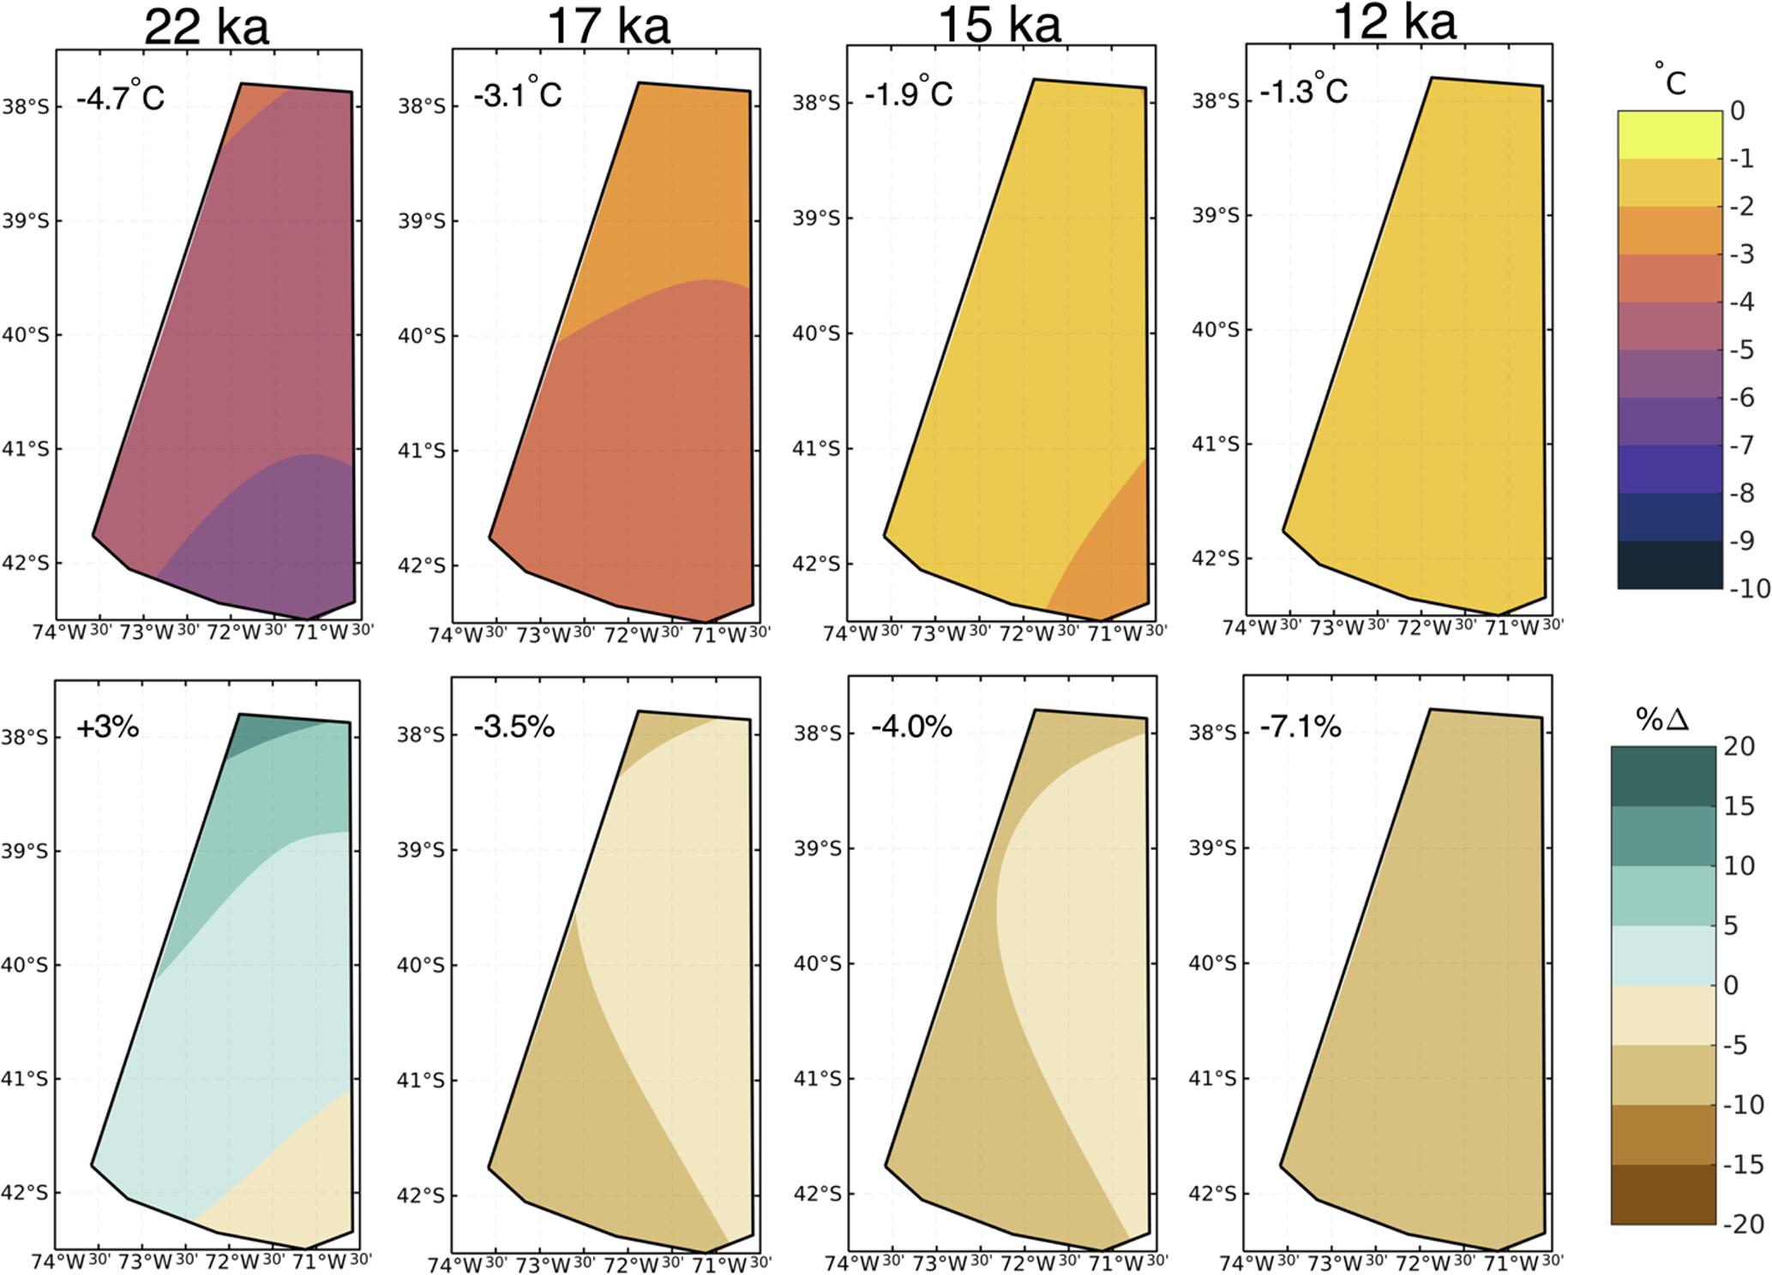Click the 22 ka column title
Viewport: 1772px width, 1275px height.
pos(206,27)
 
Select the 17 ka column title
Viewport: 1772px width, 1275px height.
pos(608,27)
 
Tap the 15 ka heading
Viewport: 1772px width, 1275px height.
pos(1000,25)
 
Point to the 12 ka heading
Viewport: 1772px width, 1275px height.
pos(1395,22)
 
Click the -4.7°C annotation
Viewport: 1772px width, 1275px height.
pos(120,96)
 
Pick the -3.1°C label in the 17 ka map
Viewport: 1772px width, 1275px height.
pos(518,93)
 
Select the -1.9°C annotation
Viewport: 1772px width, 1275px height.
pos(908,92)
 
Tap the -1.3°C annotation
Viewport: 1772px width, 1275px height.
pos(1303,89)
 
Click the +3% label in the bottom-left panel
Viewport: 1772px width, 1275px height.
pos(108,727)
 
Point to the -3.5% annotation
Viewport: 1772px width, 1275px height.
pos(514,727)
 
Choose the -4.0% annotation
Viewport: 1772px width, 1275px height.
pos(911,727)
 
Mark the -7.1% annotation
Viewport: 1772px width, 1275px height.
pos(1300,727)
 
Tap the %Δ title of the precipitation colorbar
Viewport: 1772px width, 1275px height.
pos(1662,719)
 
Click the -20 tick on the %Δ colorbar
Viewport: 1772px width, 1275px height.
pos(1744,1224)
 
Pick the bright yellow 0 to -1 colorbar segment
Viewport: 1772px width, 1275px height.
pos(1669,135)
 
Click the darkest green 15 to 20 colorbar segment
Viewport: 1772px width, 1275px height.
pos(1662,776)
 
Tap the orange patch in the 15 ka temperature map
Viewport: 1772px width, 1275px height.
pos(1110,557)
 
